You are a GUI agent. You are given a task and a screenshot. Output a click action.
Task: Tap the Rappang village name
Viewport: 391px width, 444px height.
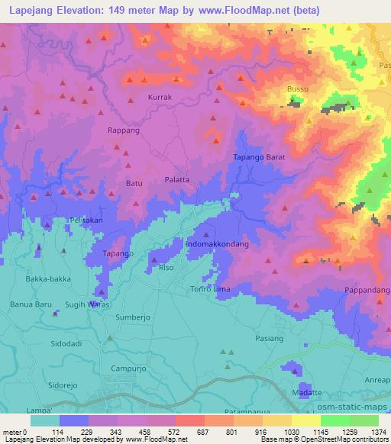point(123,130)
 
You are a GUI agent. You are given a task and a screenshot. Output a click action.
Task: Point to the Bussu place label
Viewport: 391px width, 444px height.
point(297,89)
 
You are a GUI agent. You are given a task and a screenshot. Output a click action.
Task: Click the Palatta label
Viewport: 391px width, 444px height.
point(177,180)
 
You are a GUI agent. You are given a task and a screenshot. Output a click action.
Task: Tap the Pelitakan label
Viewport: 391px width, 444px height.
point(86,220)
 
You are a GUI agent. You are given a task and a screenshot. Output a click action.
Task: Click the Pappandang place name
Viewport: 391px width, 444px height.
point(367,291)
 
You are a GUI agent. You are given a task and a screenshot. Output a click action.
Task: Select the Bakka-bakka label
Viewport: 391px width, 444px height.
point(48,278)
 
